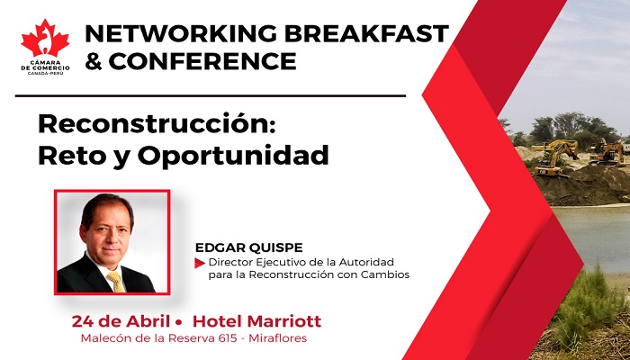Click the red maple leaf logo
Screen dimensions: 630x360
coord(45,39)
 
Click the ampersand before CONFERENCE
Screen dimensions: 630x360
coord(94,61)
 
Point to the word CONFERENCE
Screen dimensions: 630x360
coord(202,61)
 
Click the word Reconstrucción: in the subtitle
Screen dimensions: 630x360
coord(157,123)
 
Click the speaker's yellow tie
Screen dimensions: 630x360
coord(116,282)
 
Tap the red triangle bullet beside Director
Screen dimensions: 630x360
coord(200,263)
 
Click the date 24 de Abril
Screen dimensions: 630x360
coord(121,321)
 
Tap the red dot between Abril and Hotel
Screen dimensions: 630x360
coord(179,322)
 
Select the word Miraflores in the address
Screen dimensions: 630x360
coord(278,337)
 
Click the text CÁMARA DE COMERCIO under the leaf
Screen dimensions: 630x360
coord(45,66)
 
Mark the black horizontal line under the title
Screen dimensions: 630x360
coord(211,96)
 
